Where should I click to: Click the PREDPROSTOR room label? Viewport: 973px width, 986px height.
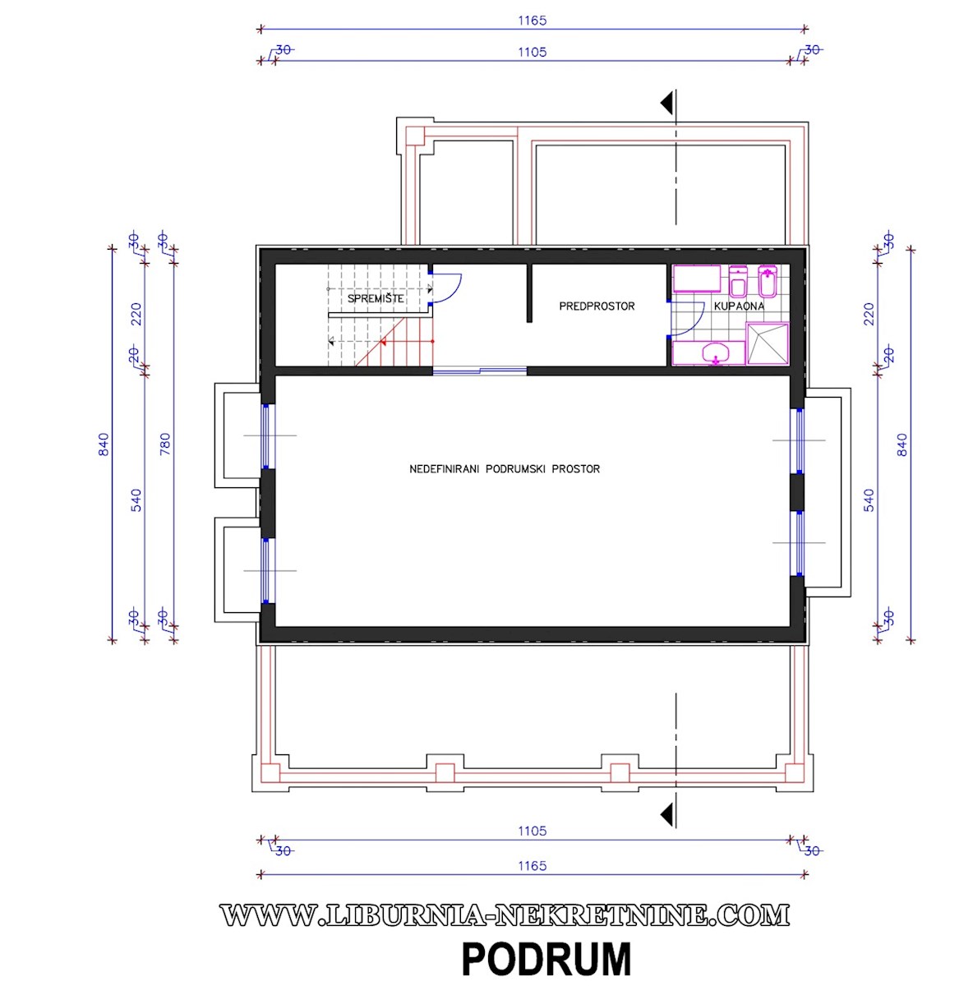[597, 306]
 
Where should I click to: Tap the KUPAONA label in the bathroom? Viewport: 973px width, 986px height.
[739, 306]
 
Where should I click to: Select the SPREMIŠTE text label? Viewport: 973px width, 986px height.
[376, 298]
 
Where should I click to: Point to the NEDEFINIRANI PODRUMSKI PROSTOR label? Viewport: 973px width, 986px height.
[505, 468]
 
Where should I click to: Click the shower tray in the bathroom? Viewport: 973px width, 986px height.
[768, 343]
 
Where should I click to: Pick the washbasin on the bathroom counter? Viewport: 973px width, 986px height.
[716, 353]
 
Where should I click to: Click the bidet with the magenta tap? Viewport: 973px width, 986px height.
[768, 281]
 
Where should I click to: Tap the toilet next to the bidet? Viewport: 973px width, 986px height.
[737, 281]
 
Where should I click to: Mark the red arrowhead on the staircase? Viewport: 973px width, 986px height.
[382, 341]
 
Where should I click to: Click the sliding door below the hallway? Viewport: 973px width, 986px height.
[480, 371]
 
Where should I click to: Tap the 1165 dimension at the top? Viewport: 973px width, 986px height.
[533, 21]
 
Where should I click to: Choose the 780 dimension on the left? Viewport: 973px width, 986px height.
[165, 445]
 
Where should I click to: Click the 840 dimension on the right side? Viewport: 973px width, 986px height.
[902, 445]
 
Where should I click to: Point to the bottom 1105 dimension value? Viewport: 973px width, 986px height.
[533, 831]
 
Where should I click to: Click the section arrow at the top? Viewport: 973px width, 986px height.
[666, 104]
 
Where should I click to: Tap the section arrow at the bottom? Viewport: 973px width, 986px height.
[666, 814]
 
